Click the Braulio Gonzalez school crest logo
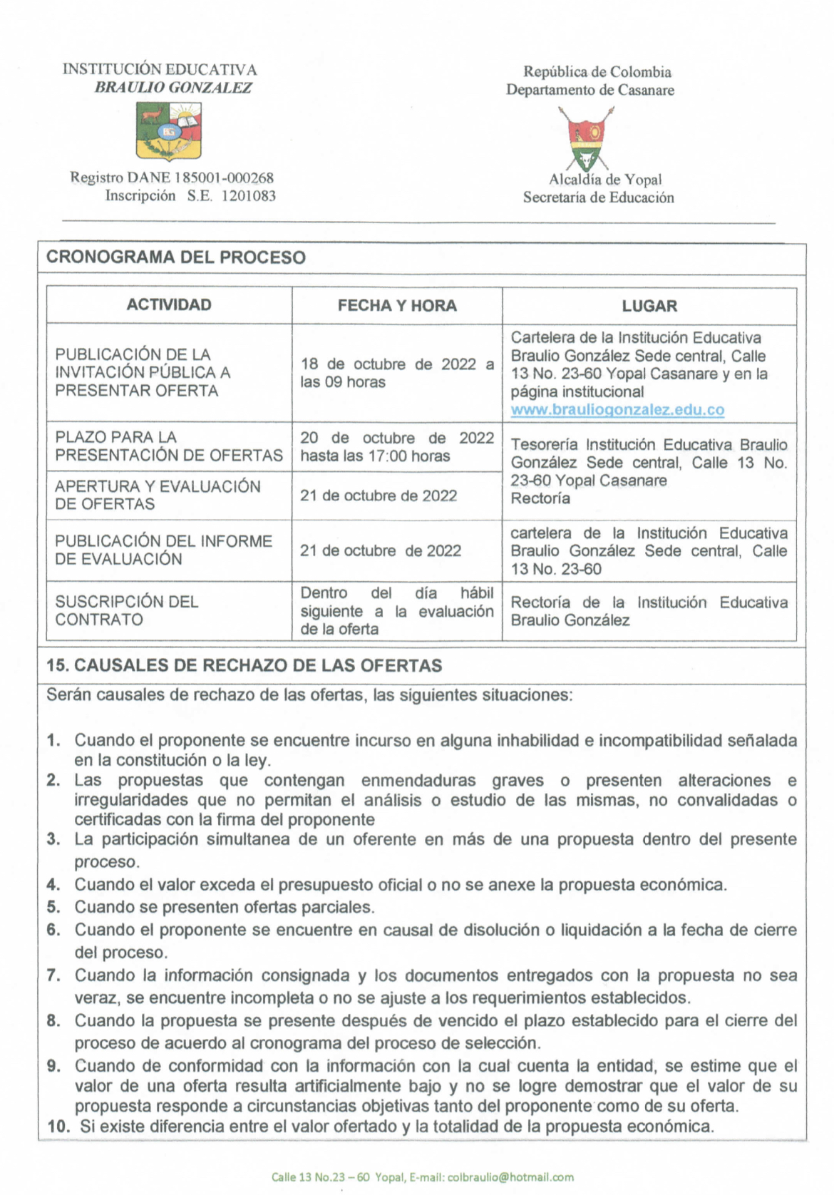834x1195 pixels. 168,130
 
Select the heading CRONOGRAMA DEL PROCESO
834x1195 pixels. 175,257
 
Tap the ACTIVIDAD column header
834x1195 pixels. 169,305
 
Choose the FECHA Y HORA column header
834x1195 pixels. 397,306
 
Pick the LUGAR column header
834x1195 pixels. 649,306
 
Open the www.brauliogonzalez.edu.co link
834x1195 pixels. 617,410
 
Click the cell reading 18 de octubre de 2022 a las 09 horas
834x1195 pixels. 396,373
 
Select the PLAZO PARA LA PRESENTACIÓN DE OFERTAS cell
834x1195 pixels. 169,446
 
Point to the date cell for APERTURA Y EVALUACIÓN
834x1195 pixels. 379,496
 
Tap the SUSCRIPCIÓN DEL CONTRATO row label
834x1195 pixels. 127,610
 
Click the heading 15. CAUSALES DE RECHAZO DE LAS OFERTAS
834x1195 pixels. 244,665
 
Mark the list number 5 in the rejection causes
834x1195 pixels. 53,907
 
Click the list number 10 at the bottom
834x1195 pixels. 58,1127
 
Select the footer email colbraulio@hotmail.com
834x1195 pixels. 510,1176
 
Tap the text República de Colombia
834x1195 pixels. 597,72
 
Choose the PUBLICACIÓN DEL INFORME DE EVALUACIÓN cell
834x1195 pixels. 163,550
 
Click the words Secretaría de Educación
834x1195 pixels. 598,198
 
